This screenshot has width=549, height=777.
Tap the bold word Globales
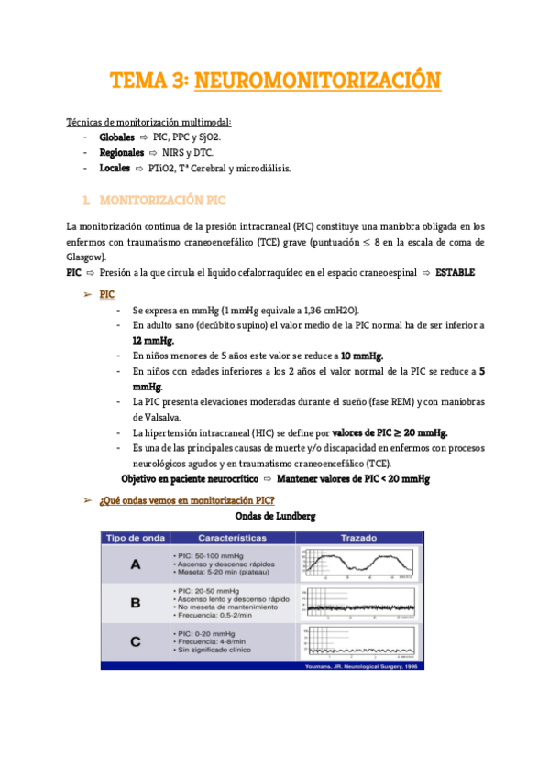pos(116,137)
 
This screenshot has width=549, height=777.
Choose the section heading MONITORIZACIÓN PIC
pos(161,200)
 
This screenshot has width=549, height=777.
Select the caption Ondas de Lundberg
pos(274,516)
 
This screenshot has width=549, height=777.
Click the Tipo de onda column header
pos(135,538)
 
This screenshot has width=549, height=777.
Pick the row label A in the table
pos(135,564)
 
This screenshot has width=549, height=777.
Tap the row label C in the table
pos(135,642)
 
